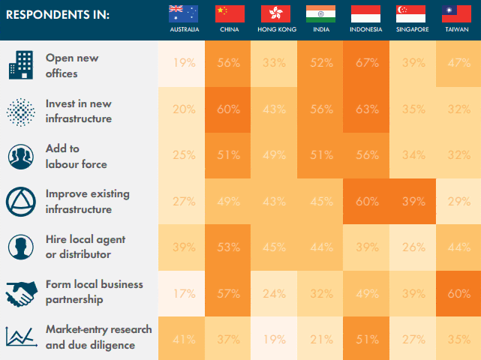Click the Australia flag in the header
point(183,13)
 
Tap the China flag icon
point(230,13)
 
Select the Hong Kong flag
point(275,13)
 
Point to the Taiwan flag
point(458,13)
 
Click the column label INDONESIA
point(365,29)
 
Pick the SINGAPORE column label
point(412,29)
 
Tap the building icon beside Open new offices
point(21,65)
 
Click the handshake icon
point(21,292)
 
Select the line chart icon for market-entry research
point(21,337)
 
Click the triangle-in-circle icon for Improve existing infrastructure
point(21,201)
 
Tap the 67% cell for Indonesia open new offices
point(366,63)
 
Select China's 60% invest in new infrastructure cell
point(229,109)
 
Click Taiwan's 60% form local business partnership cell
point(458,292)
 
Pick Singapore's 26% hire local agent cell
point(412,247)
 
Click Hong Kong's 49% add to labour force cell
point(275,155)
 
